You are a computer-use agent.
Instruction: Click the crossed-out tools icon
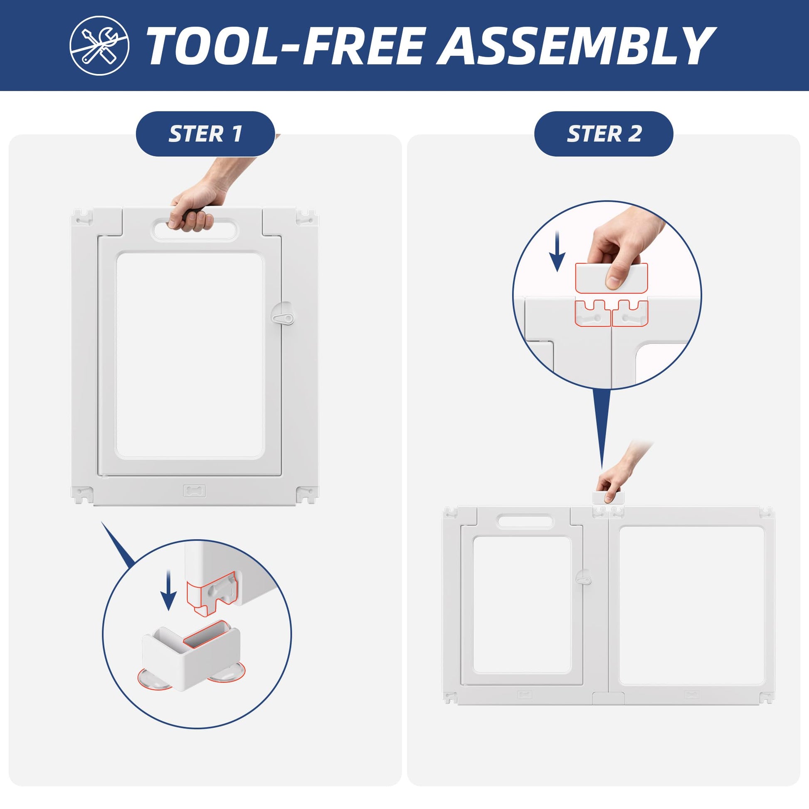pos(99,46)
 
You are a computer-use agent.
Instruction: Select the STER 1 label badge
pos(205,134)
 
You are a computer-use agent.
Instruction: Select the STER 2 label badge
pos(603,134)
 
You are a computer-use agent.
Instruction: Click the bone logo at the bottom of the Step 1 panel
pos(195,491)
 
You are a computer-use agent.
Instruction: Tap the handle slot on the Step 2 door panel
pos(525,522)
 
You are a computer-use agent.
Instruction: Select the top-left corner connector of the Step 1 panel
pos(82,217)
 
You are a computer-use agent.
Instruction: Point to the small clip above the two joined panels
pos(608,498)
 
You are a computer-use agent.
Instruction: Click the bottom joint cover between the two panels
pos(609,698)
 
